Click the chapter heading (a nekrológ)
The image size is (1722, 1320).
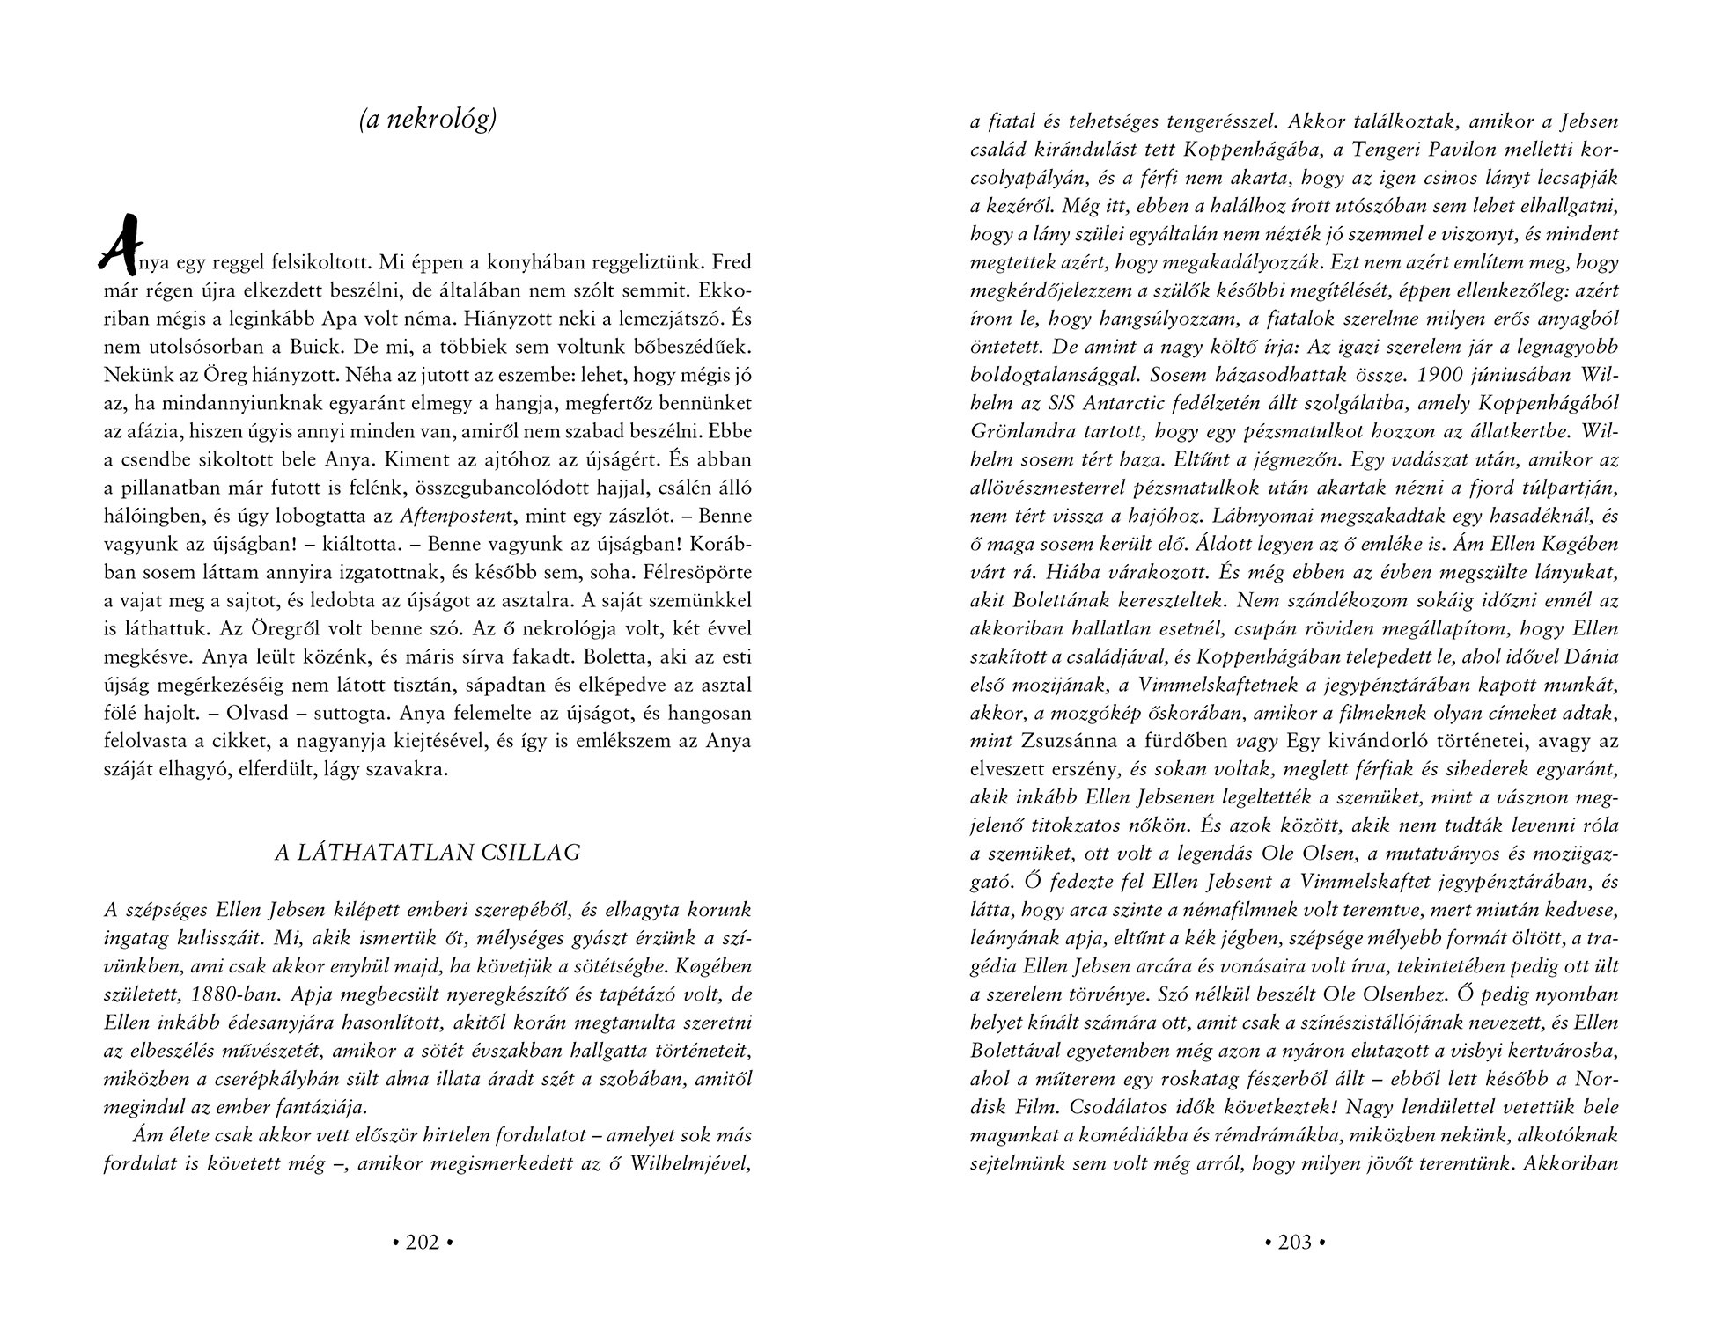[428, 121]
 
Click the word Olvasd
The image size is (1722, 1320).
[210, 714]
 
